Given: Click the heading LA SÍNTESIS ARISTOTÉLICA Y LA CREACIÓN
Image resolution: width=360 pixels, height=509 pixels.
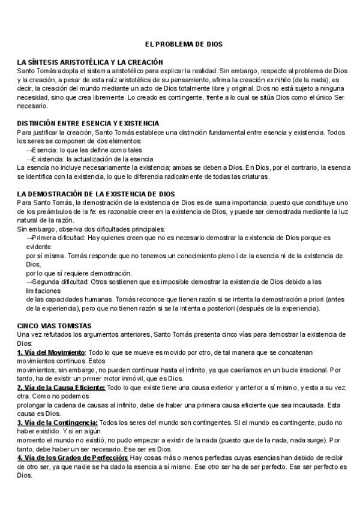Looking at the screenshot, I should (90, 62).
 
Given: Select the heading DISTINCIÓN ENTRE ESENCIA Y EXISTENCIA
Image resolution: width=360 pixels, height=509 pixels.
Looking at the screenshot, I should (88, 122).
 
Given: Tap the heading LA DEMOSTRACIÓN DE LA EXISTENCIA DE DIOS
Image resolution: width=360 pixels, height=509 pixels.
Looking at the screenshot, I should (96, 194).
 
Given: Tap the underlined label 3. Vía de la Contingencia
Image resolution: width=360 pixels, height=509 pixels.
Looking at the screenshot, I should (58, 423).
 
